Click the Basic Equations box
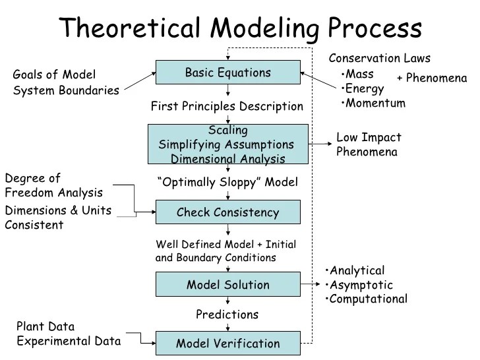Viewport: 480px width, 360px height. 227,73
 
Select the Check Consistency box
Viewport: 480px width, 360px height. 227,212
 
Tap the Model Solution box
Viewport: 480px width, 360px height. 227,285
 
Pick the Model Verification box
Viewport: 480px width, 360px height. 227,344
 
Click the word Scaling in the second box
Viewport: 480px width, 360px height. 227,130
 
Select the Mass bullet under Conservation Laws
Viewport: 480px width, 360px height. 359,74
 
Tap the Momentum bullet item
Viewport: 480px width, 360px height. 375,103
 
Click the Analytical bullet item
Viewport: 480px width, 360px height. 357,270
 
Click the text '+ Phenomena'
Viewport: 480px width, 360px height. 431,78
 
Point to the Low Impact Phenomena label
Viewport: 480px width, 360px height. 369,145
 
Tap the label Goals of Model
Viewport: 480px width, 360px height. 54,75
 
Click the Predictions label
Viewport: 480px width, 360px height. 227,315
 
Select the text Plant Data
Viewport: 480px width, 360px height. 45,326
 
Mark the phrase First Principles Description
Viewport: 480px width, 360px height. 227,106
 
